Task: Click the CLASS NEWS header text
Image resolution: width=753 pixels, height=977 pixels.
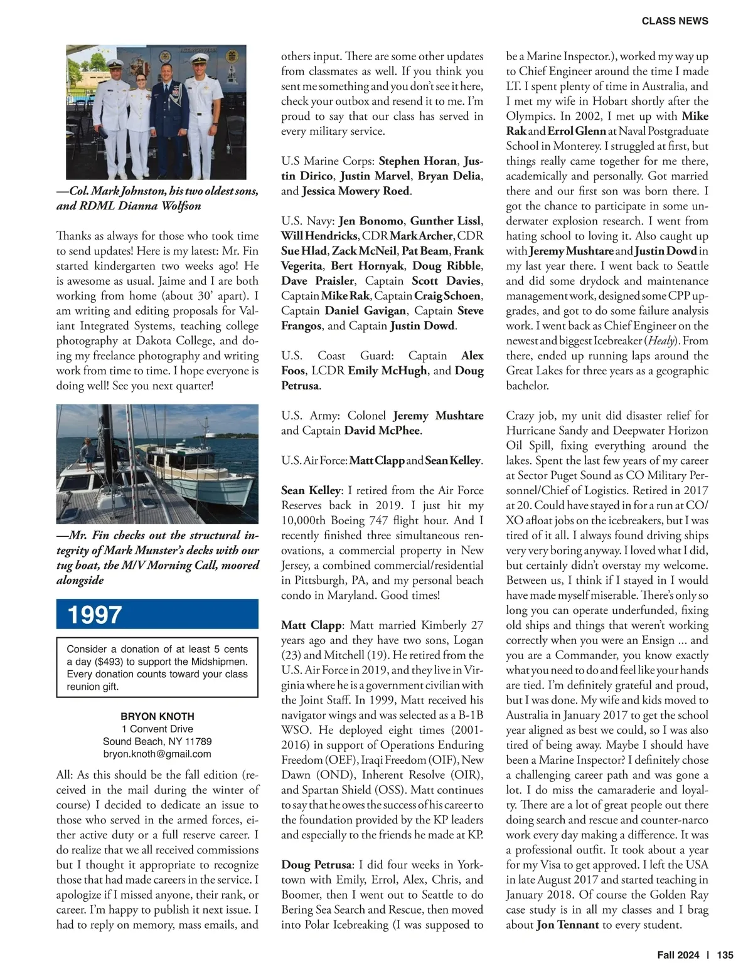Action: pos(675,21)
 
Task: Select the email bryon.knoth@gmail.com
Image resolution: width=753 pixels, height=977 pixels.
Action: pos(157,754)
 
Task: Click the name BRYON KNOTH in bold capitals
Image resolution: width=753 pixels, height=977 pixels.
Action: pos(157,716)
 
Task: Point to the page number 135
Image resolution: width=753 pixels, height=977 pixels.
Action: pos(725,955)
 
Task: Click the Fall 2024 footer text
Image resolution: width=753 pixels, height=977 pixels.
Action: pos(678,955)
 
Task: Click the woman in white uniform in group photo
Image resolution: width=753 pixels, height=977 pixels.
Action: pos(139,125)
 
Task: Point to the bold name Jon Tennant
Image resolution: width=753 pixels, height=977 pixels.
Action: pos(567,924)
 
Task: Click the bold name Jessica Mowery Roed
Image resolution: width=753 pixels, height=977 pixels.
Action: pos(356,191)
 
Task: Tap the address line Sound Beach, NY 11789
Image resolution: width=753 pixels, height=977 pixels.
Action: pos(157,741)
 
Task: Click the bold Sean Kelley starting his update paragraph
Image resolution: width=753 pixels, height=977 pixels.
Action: pos(311,490)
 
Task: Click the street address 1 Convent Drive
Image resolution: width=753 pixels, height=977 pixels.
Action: pos(157,729)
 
